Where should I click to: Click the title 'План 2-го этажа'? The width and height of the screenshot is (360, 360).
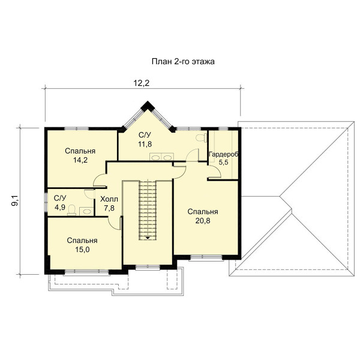click(x=183, y=62)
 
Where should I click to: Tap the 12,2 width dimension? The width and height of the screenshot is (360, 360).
click(x=142, y=83)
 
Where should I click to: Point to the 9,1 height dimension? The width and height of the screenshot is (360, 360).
click(x=16, y=200)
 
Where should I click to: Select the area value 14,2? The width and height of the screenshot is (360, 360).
click(x=80, y=160)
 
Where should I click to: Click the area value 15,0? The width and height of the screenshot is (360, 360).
click(x=82, y=250)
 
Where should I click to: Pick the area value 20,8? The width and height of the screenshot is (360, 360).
click(x=203, y=221)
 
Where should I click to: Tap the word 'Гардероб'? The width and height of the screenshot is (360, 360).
click(x=223, y=154)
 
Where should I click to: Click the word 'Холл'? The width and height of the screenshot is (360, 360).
click(x=109, y=199)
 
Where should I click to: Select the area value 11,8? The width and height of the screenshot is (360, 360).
click(x=145, y=144)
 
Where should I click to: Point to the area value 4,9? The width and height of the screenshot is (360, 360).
click(x=60, y=207)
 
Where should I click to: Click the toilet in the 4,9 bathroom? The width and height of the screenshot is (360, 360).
click(x=72, y=210)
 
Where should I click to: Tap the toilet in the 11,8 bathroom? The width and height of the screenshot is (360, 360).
click(x=201, y=137)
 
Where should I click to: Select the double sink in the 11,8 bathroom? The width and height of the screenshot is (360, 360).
click(x=161, y=157)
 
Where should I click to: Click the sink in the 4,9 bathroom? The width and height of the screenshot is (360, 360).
click(x=86, y=211)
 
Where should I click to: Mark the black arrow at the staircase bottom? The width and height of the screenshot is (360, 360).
click(x=148, y=238)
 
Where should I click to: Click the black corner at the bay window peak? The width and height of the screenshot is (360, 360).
click(x=148, y=106)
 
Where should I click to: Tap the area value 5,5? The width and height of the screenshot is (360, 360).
click(x=223, y=163)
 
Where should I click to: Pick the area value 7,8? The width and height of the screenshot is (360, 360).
click(x=109, y=208)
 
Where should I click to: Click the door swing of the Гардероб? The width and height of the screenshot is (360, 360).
click(x=215, y=172)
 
